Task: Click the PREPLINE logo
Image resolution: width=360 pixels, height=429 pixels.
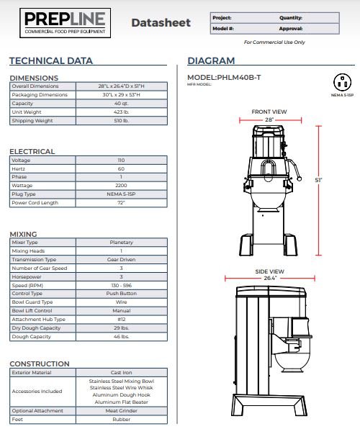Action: click(65, 23)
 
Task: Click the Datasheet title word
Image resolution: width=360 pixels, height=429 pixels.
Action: click(161, 23)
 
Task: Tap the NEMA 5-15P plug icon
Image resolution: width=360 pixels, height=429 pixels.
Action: click(342, 82)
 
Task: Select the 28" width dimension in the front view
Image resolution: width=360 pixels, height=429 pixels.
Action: click(269, 119)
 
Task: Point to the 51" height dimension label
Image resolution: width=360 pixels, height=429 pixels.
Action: click(318, 180)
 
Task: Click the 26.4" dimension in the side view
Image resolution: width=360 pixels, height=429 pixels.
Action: click(270, 279)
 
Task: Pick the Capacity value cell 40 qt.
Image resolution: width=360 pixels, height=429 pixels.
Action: click(121, 104)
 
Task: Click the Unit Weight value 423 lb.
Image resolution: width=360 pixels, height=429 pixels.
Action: click(121, 112)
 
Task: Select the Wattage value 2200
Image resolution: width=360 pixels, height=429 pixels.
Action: click(121, 186)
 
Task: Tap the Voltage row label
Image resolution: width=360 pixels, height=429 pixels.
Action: click(21, 161)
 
